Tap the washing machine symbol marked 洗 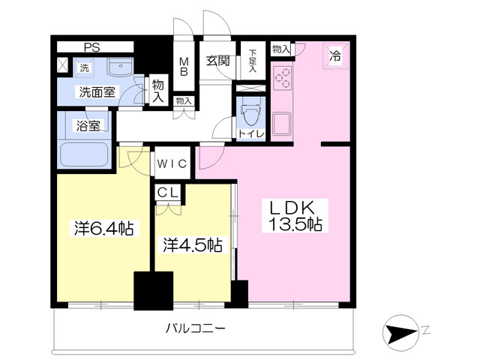(84, 68)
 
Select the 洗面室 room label (98, 92)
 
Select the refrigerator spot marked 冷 (335, 55)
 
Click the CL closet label (167, 193)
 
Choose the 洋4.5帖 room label (193, 244)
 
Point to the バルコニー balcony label (195, 328)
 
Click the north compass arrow (406, 331)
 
